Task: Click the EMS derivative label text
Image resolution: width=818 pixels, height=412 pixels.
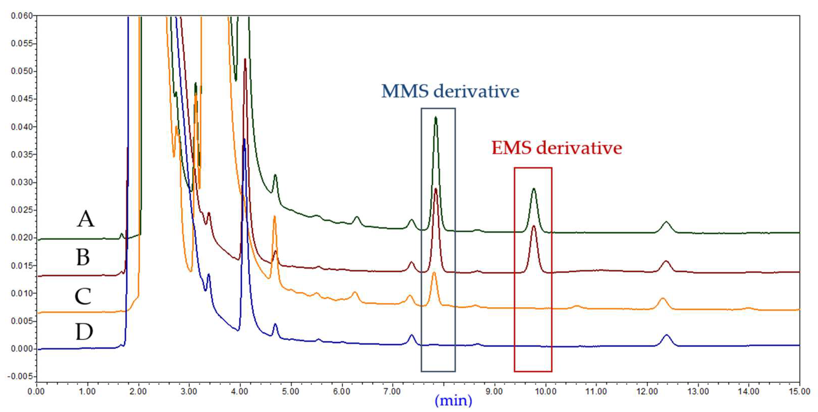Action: coord(556,148)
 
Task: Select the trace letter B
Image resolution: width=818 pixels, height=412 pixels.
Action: coord(83,257)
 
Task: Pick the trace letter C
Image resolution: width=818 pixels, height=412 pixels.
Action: coord(83,296)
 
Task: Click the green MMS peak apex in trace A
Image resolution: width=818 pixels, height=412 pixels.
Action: coord(436,117)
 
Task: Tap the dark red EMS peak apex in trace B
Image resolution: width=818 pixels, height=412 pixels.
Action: coord(534,226)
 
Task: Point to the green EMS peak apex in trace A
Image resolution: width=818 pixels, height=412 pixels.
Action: coord(534,189)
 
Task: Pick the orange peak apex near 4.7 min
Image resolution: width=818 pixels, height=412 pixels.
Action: coord(274,216)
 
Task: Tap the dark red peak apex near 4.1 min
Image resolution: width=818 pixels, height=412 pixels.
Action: coord(245,59)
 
